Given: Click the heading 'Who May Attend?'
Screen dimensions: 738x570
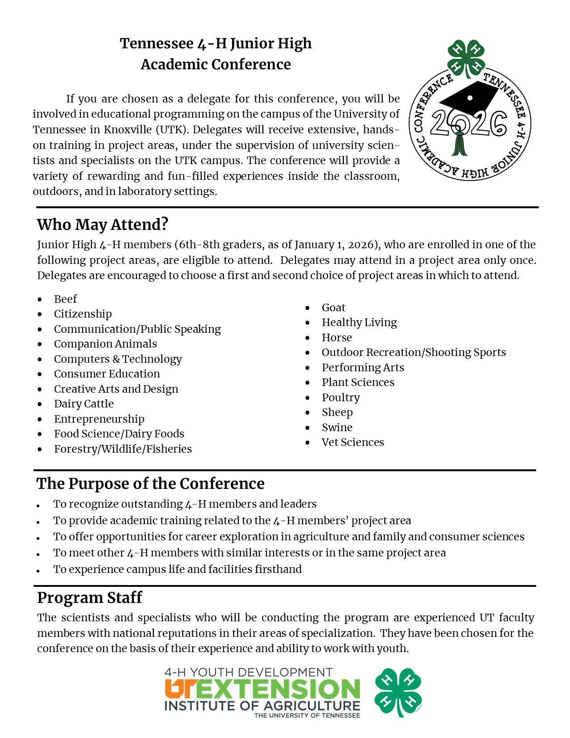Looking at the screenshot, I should [x=102, y=225].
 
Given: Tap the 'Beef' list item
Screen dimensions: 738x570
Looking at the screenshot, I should [x=65, y=299].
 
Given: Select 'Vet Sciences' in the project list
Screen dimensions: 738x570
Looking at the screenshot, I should [x=353, y=442].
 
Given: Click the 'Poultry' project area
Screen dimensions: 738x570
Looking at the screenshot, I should [x=341, y=398].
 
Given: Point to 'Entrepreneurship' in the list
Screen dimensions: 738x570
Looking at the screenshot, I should [x=99, y=419].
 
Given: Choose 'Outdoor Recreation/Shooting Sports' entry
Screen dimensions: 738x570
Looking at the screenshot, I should [x=414, y=352].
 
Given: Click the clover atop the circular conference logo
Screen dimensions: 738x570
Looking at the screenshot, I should [x=467, y=58].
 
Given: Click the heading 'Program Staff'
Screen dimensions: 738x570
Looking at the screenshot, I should [x=89, y=598].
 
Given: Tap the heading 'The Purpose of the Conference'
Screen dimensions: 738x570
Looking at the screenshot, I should [x=150, y=484].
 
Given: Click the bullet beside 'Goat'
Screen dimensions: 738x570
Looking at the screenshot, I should [x=308, y=308].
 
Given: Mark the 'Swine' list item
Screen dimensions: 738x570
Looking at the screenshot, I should [x=337, y=428].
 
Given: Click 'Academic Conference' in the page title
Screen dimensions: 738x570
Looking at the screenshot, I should [x=215, y=64].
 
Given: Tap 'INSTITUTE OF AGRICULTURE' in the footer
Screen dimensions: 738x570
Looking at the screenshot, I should [x=262, y=706].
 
